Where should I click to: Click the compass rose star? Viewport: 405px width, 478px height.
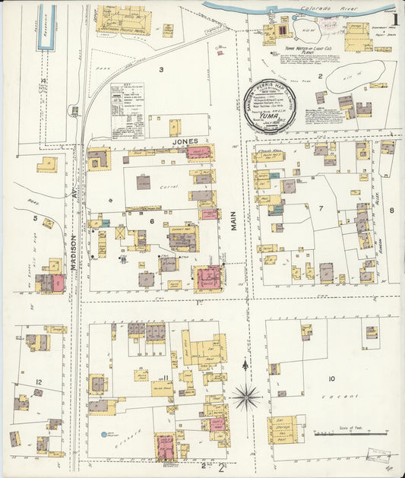tap(246, 395)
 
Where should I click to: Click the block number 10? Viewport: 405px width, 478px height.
tap(331, 378)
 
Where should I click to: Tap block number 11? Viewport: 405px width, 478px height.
tap(163, 378)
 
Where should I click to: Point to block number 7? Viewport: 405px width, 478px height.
tap(321, 207)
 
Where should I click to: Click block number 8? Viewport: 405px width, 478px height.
tap(392, 211)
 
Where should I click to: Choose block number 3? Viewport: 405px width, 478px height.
tap(160, 70)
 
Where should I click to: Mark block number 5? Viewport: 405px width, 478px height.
tap(35, 219)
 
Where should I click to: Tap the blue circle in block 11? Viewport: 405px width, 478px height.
tap(103, 435)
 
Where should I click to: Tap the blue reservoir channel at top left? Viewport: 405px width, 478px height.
tap(46, 27)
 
